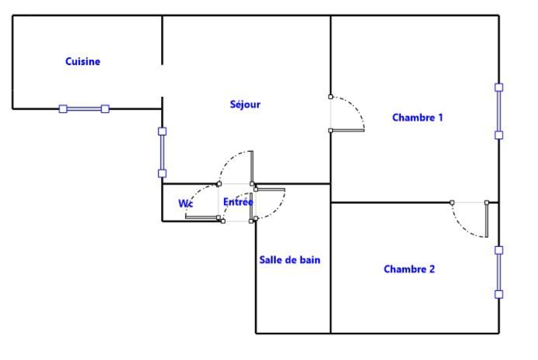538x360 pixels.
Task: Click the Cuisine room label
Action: (x=82, y=61)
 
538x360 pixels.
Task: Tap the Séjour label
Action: (x=245, y=104)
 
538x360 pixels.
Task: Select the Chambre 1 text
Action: (x=417, y=117)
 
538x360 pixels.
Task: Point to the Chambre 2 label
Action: (x=409, y=269)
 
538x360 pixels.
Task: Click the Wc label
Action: (x=185, y=203)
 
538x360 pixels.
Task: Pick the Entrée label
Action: (x=238, y=202)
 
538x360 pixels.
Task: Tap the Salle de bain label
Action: (x=289, y=260)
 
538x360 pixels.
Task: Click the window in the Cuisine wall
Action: (x=84, y=109)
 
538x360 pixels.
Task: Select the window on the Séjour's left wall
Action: (x=162, y=152)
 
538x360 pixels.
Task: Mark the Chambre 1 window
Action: (x=498, y=111)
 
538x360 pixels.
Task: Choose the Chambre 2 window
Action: (x=498, y=272)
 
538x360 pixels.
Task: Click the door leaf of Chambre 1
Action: (x=347, y=130)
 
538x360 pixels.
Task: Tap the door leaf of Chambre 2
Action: (x=487, y=219)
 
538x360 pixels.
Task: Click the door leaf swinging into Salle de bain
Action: (x=269, y=190)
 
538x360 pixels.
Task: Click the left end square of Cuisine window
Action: (x=63, y=109)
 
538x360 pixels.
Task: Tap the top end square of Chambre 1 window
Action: (x=498, y=87)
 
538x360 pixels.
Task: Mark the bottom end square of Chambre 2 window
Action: (x=498, y=294)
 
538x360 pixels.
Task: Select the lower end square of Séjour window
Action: (x=162, y=173)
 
